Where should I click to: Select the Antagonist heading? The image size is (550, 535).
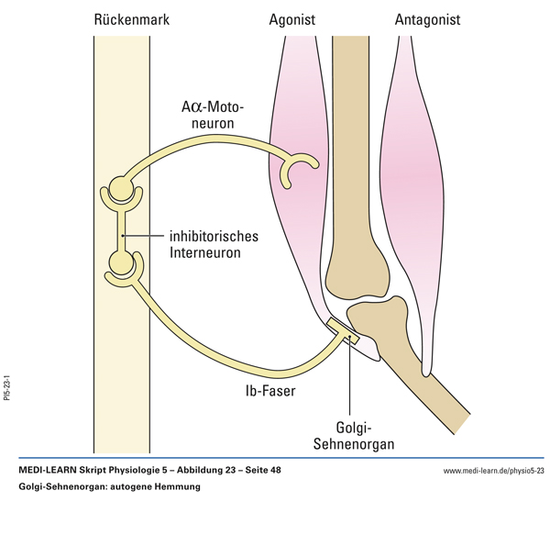click(x=427, y=18)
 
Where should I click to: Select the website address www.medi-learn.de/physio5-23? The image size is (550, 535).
click(x=493, y=471)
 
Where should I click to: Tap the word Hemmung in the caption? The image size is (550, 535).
click(x=176, y=486)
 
